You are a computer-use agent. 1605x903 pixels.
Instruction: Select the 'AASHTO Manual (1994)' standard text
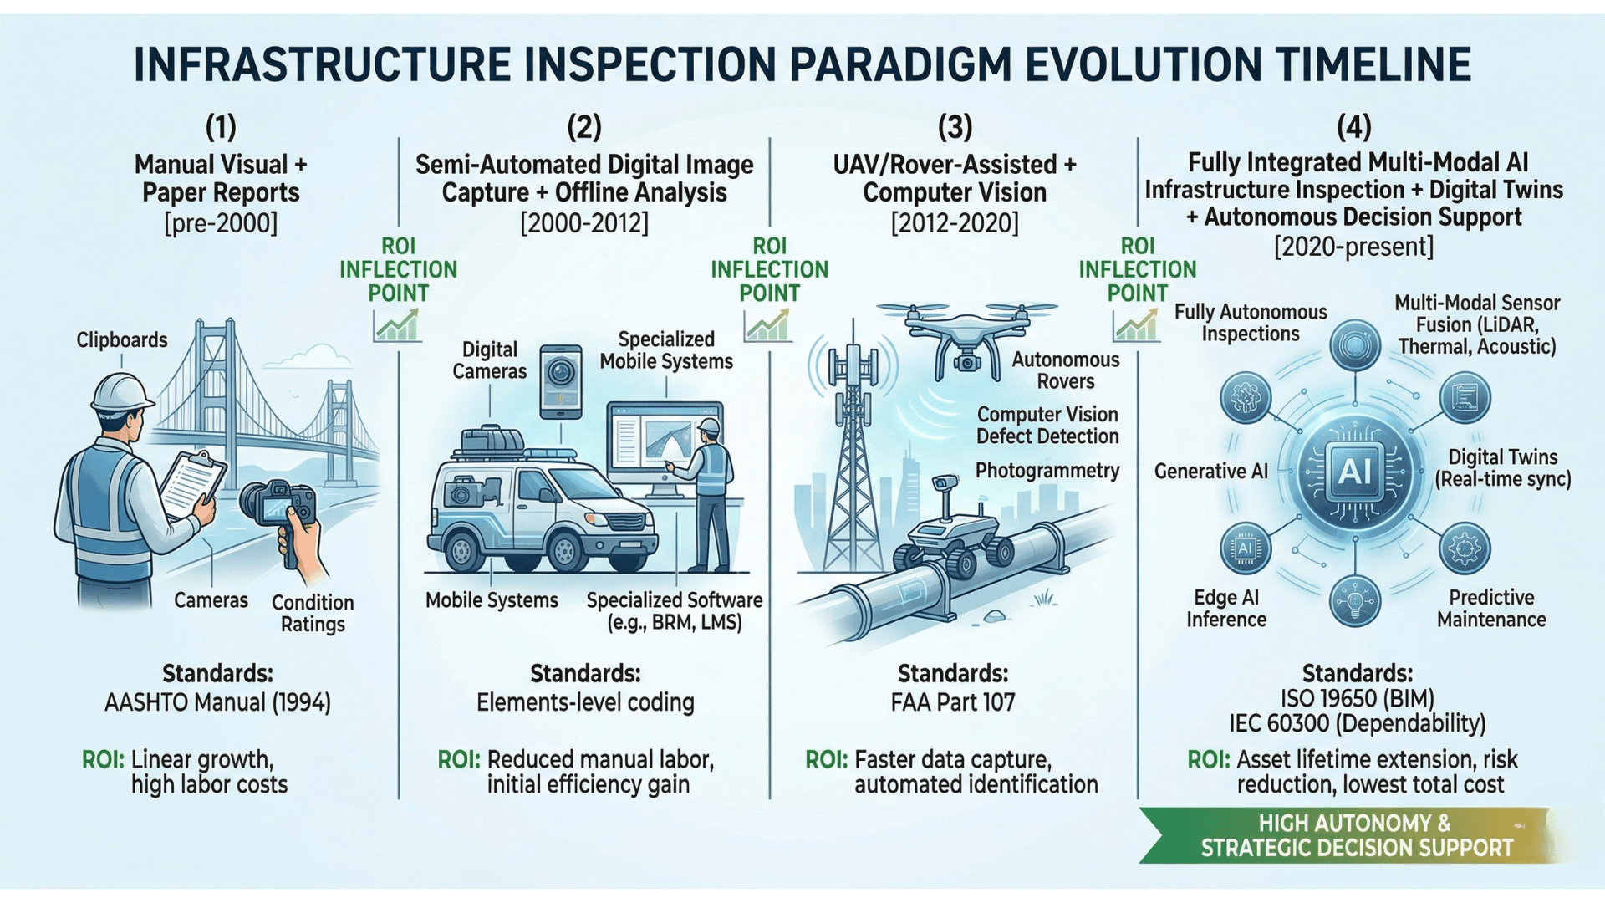[x=217, y=702]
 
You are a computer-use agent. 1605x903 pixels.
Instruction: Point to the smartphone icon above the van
[x=561, y=382]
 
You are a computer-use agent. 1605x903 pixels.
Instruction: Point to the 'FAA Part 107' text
[x=953, y=702]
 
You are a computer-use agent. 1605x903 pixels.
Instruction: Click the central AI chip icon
[x=1354, y=472]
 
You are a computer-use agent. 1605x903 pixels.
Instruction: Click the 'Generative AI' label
[x=1210, y=472]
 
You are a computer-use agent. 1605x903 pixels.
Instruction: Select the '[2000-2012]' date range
[x=584, y=224]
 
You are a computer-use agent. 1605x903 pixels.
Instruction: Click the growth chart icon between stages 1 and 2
[x=396, y=325]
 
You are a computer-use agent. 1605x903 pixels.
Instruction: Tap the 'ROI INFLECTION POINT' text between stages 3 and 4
[x=1137, y=269]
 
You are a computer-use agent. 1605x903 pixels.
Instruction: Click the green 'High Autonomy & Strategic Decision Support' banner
[x=1354, y=836]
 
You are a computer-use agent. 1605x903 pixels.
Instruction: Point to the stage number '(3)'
[x=955, y=128]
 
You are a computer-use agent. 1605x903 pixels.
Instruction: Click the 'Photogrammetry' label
[x=1047, y=471]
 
